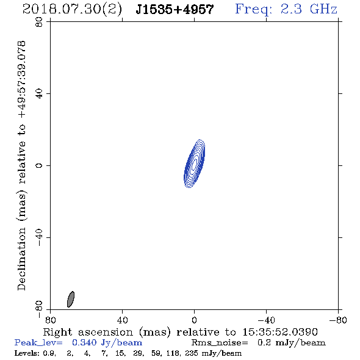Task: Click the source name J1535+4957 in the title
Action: tap(175, 10)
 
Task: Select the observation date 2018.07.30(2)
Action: tap(72, 10)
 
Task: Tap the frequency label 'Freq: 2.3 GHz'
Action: tap(286, 9)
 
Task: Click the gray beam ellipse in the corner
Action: tap(71, 299)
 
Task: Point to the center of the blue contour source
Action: tap(194, 164)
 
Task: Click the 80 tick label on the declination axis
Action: tap(39, 22)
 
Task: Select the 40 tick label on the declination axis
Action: tap(39, 94)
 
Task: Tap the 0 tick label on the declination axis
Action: tap(39, 165)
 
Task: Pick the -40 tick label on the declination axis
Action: tap(39, 237)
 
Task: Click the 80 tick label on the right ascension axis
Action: tap(50, 320)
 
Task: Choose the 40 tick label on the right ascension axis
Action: tap(123, 320)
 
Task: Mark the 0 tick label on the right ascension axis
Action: tap(194, 320)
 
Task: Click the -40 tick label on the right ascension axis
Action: tap(266, 320)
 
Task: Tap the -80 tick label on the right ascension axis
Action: tap(338, 320)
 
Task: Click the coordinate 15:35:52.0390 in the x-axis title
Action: tap(280, 332)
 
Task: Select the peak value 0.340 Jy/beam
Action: tap(107, 343)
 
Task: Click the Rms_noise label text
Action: tap(220, 343)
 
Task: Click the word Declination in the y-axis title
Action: tap(22, 259)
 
